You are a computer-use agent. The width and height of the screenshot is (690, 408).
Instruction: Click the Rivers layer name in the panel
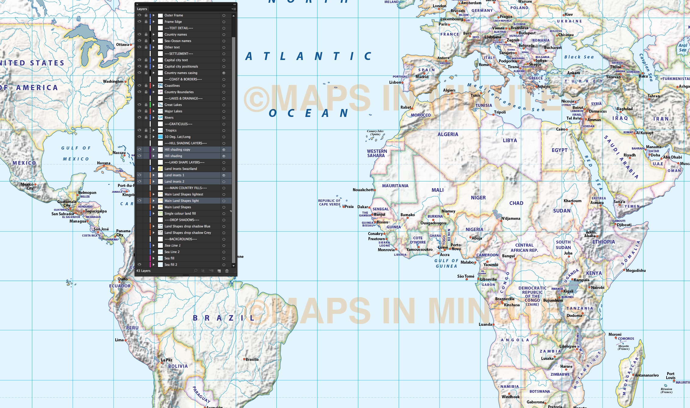[x=169, y=118]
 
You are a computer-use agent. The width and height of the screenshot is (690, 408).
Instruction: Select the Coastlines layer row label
[x=172, y=86]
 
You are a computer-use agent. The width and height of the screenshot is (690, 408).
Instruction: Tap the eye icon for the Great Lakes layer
[x=139, y=105]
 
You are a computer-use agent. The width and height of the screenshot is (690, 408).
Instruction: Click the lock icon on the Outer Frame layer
[x=146, y=15]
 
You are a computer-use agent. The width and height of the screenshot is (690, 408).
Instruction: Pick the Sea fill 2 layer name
[x=171, y=265]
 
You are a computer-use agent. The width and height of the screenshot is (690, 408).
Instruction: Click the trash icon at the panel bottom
[x=227, y=271]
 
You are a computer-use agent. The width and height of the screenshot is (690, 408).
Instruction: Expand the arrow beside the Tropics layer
[x=154, y=130]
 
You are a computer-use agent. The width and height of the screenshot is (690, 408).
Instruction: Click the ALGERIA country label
[x=448, y=134]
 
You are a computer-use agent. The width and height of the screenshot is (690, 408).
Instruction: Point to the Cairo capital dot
[x=567, y=130]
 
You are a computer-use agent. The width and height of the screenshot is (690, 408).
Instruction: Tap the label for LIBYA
[x=510, y=140]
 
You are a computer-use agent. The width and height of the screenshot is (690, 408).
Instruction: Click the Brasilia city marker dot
[x=244, y=359]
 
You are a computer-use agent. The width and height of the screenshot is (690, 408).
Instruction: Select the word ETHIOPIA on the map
[x=604, y=242]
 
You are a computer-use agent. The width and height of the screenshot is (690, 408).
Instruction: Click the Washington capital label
[x=113, y=81]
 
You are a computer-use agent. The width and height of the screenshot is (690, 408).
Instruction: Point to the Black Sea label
[x=579, y=57]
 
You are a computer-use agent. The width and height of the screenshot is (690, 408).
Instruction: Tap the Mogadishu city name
[x=636, y=270]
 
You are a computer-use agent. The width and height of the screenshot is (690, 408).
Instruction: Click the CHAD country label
[x=516, y=203]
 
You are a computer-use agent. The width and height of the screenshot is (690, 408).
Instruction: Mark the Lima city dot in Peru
[x=125, y=340]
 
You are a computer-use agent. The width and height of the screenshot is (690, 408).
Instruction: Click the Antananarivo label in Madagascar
[x=647, y=375]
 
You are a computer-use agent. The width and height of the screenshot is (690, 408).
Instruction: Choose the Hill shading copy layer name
[x=177, y=149]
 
